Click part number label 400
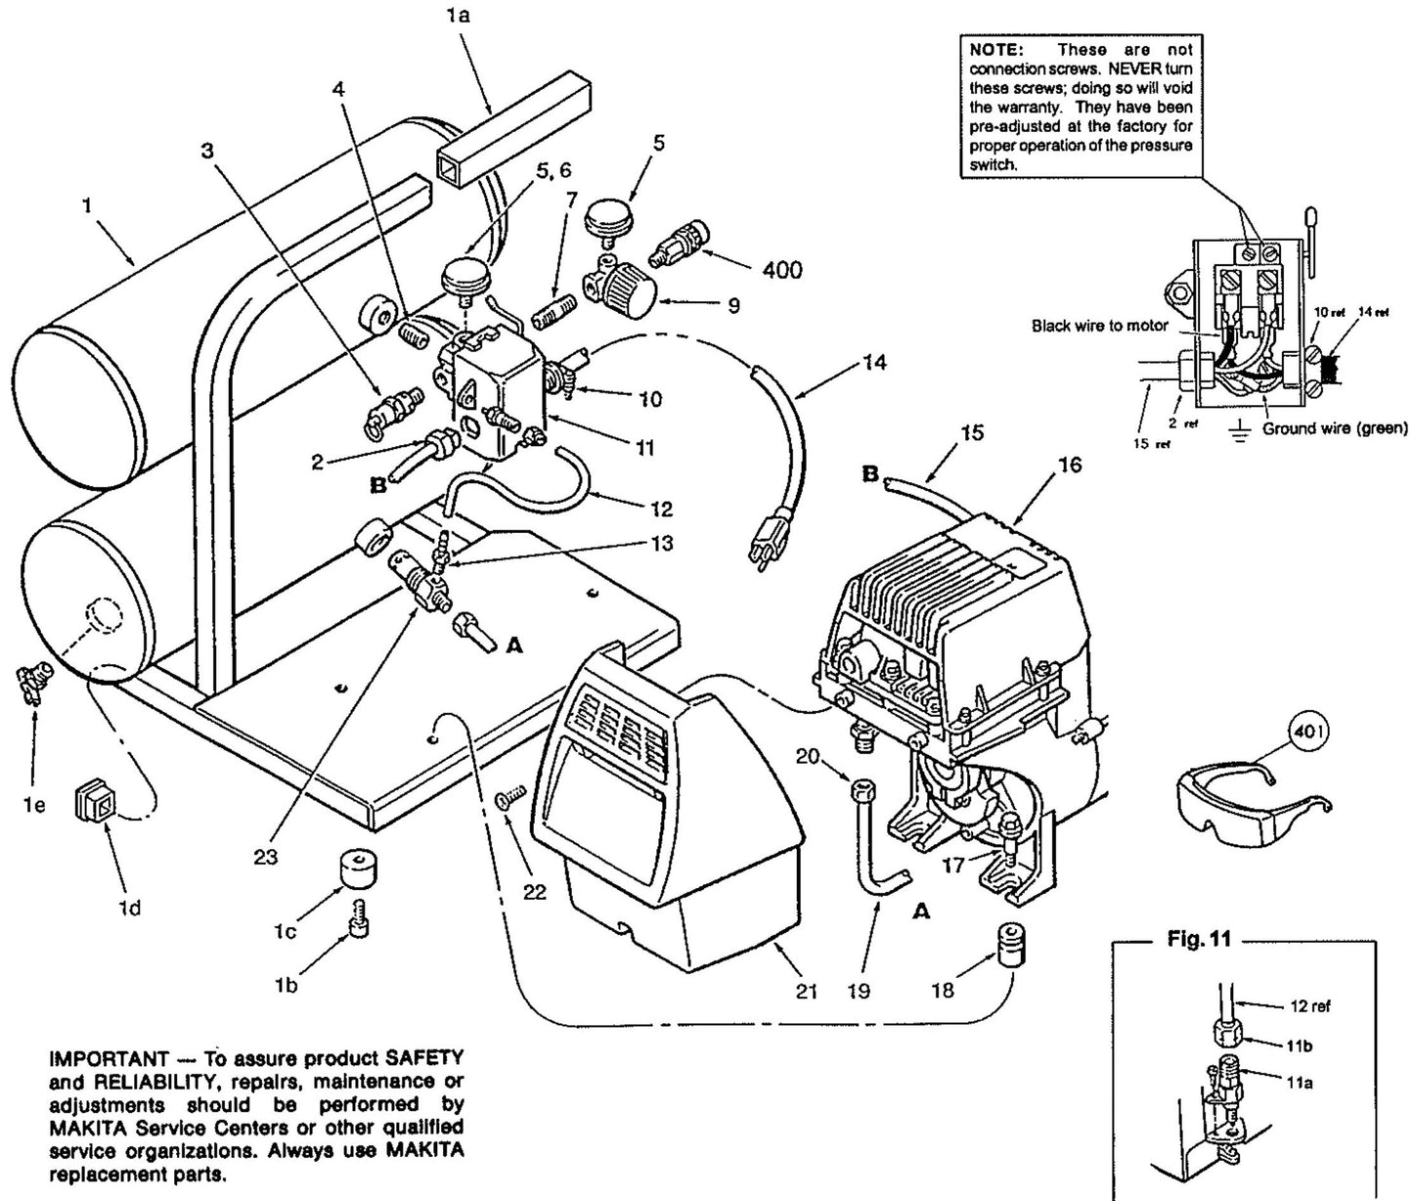click(x=781, y=269)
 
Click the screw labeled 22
click(x=511, y=800)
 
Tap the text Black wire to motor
click(x=1100, y=326)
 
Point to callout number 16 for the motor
click(x=1069, y=465)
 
